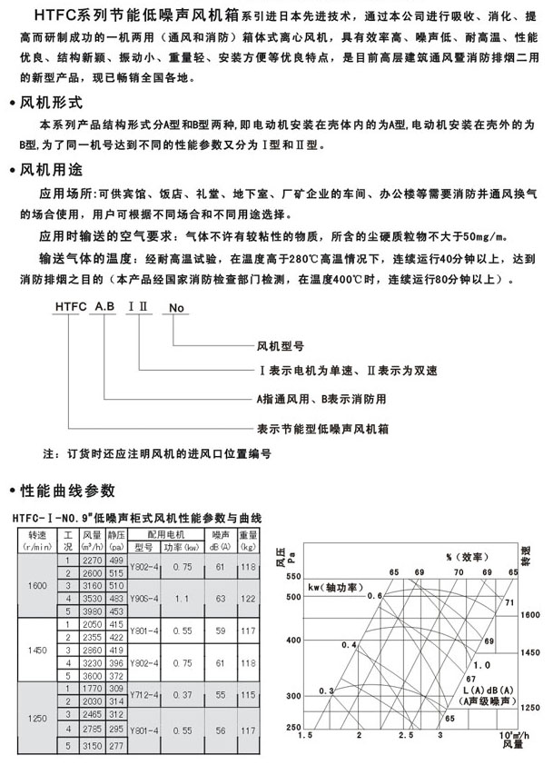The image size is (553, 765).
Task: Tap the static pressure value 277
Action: (x=116, y=745)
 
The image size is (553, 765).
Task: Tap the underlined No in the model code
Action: (x=176, y=308)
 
